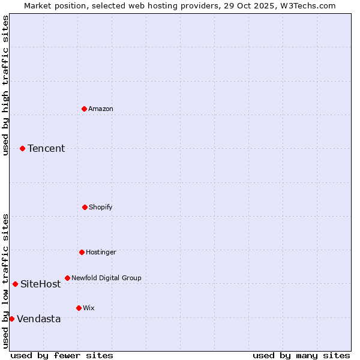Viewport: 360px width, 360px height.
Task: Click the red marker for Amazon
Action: pyautogui.click(x=84, y=109)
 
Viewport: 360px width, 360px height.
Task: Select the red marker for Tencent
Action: pyautogui.click(x=22, y=148)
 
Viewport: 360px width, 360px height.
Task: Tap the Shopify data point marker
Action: pyautogui.click(x=85, y=207)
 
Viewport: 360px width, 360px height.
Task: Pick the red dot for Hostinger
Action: pyautogui.click(x=82, y=252)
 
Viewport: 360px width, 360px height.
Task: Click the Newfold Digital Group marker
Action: pyautogui.click(x=67, y=278)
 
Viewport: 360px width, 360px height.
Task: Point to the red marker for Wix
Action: pyautogui.click(x=79, y=308)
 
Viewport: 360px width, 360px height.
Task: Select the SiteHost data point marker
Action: pyautogui.click(x=15, y=284)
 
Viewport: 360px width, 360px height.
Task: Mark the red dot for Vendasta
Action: pyautogui.click(x=11, y=319)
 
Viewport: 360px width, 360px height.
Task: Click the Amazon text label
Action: pyautogui.click(x=101, y=109)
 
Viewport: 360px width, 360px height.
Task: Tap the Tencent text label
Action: pyautogui.click(x=46, y=149)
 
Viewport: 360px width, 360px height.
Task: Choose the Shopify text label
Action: pyautogui.click(x=101, y=207)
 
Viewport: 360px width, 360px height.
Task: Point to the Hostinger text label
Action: pyautogui.click(x=101, y=252)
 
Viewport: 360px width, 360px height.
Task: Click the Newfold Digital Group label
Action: pyautogui.click(x=106, y=278)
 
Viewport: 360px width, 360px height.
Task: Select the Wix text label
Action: pyautogui.click(x=89, y=308)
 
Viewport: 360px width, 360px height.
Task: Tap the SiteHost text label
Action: pyautogui.click(x=41, y=284)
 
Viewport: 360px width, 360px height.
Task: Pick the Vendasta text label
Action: pyautogui.click(x=39, y=319)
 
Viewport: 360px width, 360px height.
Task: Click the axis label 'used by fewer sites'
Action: pyautogui.click(x=62, y=355)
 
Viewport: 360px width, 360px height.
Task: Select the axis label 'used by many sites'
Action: pyautogui.click(x=301, y=355)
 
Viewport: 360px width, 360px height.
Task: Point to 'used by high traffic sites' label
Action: pyautogui.click(x=5, y=85)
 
